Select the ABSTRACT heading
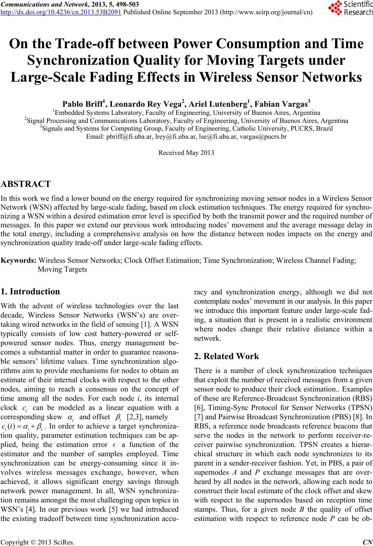[x=26, y=184]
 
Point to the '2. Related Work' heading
[x=226, y=356]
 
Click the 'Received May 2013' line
[x=186, y=153]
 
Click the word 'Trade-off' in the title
[x=95, y=44]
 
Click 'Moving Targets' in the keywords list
[x=62, y=269]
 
